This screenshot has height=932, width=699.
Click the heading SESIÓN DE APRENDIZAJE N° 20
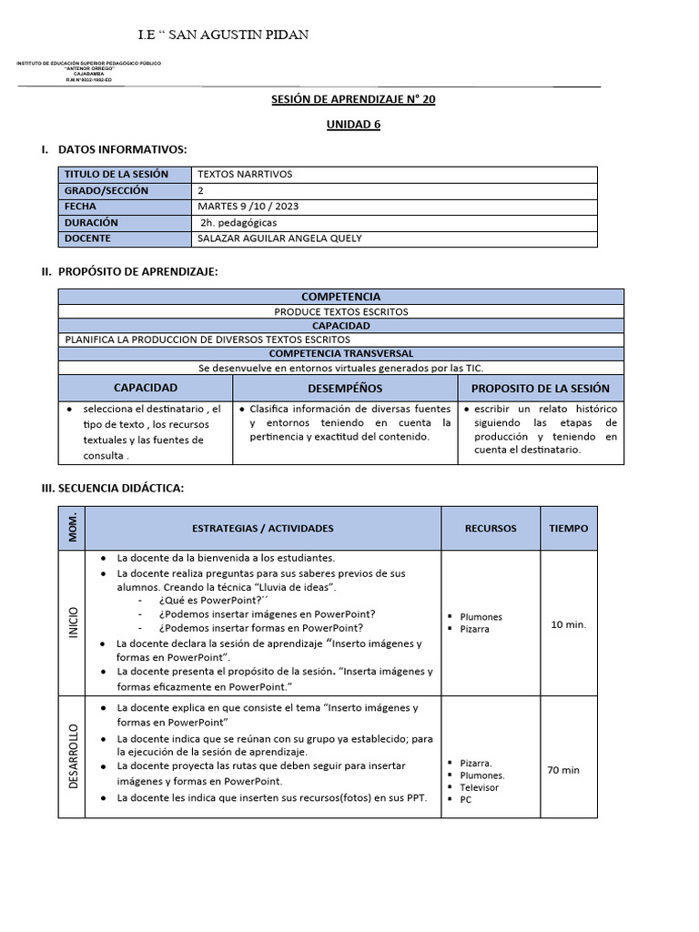click(x=354, y=99)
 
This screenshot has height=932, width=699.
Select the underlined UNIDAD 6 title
click(x=354, y=125)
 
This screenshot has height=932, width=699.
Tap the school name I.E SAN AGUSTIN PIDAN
click(x=223, y=35)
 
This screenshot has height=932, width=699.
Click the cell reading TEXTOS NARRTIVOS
click(x=245, y=174)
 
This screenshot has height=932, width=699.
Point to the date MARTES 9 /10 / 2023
click(x=248, y=207)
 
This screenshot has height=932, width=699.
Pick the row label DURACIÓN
click(x=91, y=222)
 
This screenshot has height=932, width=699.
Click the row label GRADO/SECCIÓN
click(x=106, y=190)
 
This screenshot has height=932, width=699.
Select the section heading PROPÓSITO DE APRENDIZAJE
click(x=137, y=271)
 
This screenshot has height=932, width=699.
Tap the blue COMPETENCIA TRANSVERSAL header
click(x=341, y=353)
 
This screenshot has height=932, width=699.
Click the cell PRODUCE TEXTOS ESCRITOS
click(x=341, y=311)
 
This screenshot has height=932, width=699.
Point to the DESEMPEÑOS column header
click(x=345, y=389)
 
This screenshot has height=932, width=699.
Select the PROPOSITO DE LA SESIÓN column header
click(x=541, y=389)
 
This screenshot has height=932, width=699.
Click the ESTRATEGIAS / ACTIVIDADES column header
click(x=263, y=528)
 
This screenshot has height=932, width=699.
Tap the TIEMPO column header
click(x=569, y=528)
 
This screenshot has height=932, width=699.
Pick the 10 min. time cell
click(x=569, y=624)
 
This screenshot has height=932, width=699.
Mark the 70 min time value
click(x=563, y=770)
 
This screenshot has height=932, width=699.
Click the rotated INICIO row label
click(x=73, y=623)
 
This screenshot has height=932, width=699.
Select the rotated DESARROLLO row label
click(x=73, y=757)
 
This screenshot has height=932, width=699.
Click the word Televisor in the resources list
click(x=479, y=787)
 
